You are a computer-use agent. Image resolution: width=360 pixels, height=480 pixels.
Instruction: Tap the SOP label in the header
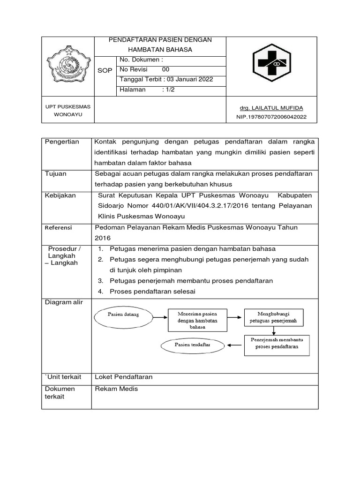pyautogui.click(x=105, y=70)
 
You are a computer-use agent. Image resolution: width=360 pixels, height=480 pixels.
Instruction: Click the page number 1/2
pyautogui.click(x=168, y=89)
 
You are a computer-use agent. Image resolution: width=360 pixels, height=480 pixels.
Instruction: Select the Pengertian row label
pyautogui.click(x=62, y=142)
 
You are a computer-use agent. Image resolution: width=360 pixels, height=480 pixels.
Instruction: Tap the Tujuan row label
pyautogui.click(x=56, y=173)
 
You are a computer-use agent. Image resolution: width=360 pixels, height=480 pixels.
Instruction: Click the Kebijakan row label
pyautogui.click(x=60, y=195)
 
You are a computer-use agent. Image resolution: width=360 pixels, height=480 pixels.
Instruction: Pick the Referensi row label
pyautogui.click(x=59, y=227)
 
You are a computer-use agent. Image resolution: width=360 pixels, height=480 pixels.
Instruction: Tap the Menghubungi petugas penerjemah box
pyautogui.click(x=273, y=317)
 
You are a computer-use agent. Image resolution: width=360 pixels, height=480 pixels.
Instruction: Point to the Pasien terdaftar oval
pyautogui.click(x=193, y=345)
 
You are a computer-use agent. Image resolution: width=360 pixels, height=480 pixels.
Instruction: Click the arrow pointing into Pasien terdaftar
pyautogui.click(x=236, y=345)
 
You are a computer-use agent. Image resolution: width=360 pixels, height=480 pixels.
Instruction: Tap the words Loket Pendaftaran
pyautogui.click(x=124, y=377)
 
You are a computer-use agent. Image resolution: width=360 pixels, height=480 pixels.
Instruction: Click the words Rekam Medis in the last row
pyautogui.click(x=117, y=389)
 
